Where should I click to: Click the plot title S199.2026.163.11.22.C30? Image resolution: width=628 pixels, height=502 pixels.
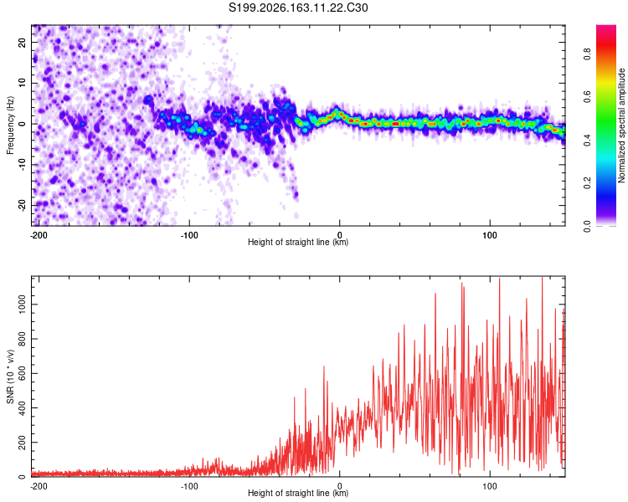coord(298,8)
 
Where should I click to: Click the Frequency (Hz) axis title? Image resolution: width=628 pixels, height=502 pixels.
coord(10,125)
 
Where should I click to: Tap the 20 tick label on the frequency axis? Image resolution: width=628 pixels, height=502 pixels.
coord(22,43)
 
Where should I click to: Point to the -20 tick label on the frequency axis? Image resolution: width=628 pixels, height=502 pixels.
coord(22,206)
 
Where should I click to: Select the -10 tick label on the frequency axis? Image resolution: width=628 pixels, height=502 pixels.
coord(22,165)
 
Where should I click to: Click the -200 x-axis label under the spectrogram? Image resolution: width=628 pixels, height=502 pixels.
coord(39,235)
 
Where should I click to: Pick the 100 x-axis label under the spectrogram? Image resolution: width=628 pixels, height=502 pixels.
coord(490,235)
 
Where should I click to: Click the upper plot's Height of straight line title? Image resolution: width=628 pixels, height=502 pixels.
coord(298,242)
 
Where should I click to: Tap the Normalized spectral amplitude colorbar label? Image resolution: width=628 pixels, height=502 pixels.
coord(621,125)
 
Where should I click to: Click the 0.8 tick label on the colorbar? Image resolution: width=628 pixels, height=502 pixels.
coord(587,54)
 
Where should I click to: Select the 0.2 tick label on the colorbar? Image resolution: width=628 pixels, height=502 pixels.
coord(587,183)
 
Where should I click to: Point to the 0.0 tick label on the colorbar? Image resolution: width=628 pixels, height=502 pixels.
coord(587,227)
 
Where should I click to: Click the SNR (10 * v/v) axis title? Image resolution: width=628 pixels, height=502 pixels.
coord(10,376)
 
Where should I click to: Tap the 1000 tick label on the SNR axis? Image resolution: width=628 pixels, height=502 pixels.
coord(22,305)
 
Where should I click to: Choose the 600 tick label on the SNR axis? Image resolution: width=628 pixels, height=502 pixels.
coord(22,373)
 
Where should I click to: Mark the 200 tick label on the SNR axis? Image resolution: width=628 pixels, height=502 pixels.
coord(22,443)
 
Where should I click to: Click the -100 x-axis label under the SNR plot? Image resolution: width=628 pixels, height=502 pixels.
coord(189,486)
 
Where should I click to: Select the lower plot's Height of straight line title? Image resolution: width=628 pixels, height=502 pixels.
coord(298,493)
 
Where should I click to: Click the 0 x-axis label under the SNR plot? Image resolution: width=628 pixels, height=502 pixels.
coord(340,486)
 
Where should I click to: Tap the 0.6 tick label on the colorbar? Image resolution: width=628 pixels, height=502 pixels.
coord(587,97)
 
